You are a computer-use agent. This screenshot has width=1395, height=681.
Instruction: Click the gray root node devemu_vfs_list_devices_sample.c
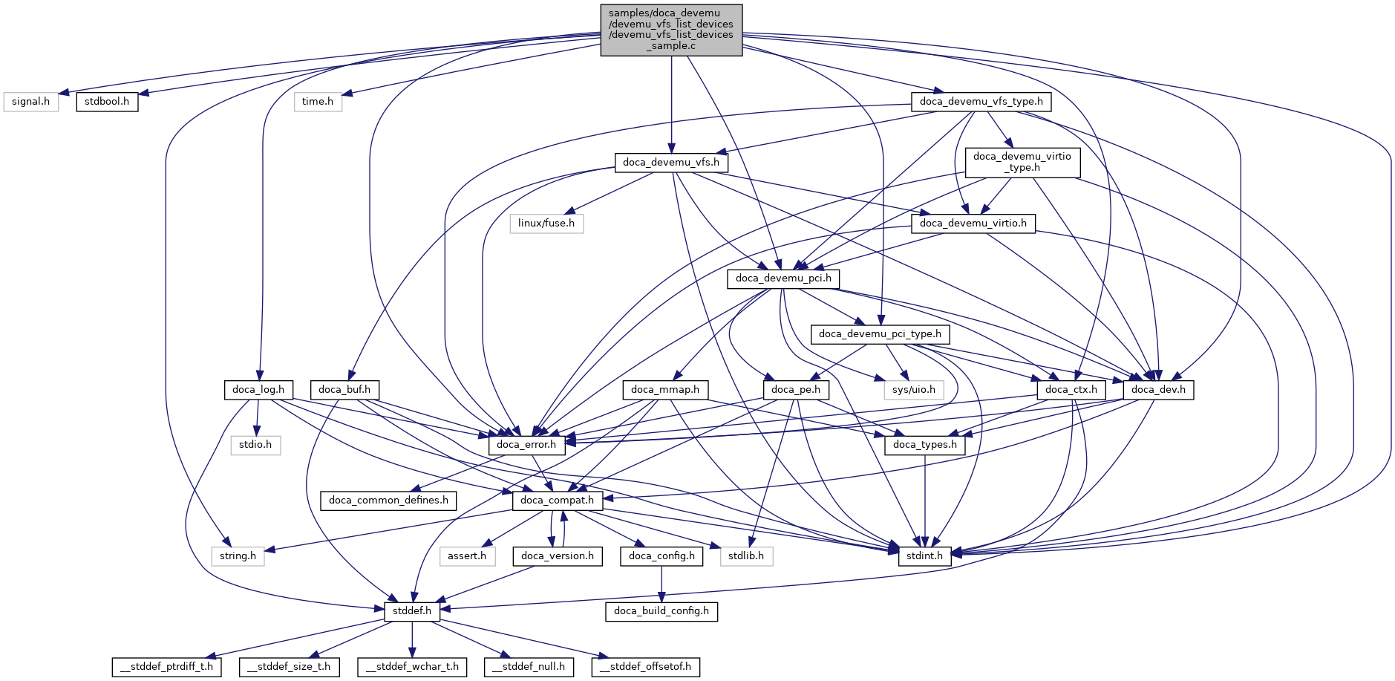(x=671, y=30)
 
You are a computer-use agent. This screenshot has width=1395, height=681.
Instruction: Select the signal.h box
(x=30, y=102)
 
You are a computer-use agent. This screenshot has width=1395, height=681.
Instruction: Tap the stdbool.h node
(x=107, y=102)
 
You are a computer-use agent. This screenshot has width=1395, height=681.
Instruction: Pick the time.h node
(x=318, y=102)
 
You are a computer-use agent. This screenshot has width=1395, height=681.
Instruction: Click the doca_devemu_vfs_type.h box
(x=981, y=102)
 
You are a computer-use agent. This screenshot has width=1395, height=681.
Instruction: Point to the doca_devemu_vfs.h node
(x=671, y=163)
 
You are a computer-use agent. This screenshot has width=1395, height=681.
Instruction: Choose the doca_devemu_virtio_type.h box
(x=1022, y=162)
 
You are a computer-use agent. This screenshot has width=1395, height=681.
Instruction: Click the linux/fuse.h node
(x=546, y=224)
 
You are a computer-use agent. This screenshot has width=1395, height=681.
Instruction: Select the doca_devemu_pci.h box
(x=783, y=278)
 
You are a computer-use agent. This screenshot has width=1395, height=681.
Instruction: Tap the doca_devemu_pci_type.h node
(x=880, y=334)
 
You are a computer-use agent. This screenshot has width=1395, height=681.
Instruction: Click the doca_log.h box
(x=258, y=390)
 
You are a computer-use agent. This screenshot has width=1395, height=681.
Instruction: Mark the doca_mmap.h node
(x=665, y=390)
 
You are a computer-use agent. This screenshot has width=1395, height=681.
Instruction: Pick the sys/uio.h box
(x=914, y=390)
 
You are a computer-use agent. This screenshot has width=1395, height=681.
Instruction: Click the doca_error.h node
(x=526, y=445)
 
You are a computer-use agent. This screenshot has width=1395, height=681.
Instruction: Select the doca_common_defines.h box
(x=388, y=501)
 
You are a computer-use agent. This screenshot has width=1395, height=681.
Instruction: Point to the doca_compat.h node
(x=557, y=501)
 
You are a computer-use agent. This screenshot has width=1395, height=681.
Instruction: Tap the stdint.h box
(x=924, y=556)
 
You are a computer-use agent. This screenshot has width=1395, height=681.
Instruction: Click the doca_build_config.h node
(x=661, y=611)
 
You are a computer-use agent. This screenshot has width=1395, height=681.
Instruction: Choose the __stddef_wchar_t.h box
(x=412, y=667)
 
